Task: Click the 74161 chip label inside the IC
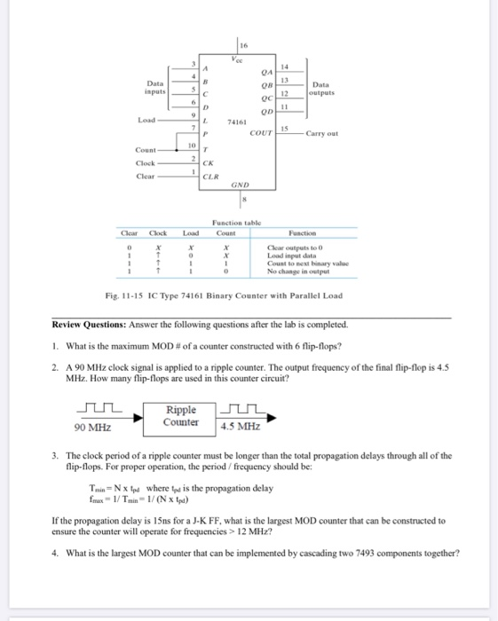[237, 123]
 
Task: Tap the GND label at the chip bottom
[241, 186]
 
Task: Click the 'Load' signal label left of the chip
[147, 119]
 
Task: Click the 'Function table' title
[235, 224]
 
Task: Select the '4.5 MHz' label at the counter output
[240, 426]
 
